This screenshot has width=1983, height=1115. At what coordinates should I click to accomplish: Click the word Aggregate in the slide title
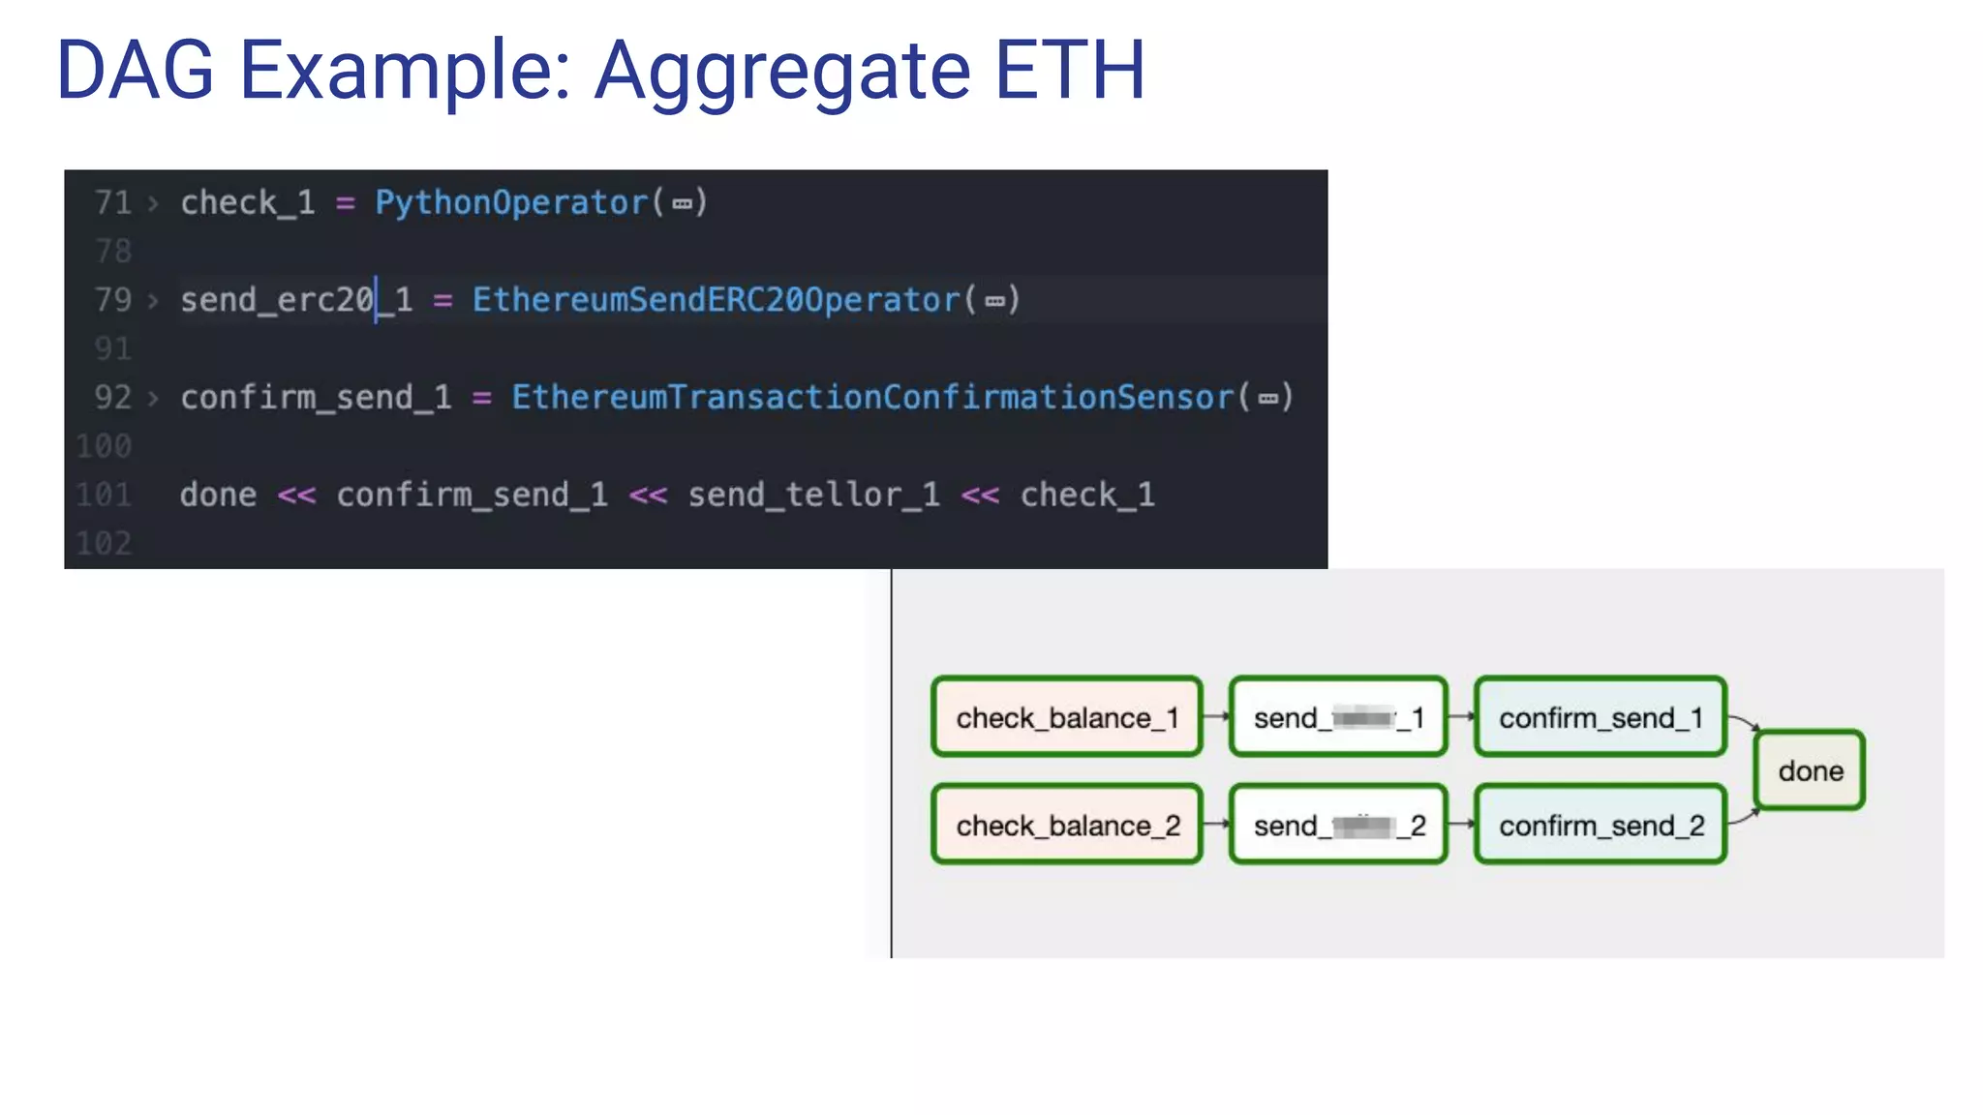pyautogui.click(x=781, y=71)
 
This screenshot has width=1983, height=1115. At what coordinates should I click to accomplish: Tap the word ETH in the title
pyautogui.click(x=1070, y=71)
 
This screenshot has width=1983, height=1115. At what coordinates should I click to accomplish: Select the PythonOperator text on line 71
pyautogui.click(x=510, y=202)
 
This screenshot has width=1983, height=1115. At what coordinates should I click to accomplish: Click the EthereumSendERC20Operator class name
pyautogui.click(x=716, y=300)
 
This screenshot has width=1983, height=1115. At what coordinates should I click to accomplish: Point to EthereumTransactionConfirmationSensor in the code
pyautogui.click(x=872, y=398)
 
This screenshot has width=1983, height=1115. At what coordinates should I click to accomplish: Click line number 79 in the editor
pyautogui.click(x=112, y=300)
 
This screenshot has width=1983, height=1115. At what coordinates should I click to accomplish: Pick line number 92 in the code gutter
pyautogui.click(x=112, y=398)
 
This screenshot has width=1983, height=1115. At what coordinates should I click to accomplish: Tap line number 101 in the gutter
pyautogui.click(x=104, y=496)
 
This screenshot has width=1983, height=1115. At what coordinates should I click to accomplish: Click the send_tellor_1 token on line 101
pyautogui.click(x=813, y=496)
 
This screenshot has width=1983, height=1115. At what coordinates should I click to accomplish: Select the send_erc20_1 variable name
pyautogui.click(x=296, y=300)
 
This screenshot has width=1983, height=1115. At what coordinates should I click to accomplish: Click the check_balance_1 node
pyautogui.click(x=1067, y=717)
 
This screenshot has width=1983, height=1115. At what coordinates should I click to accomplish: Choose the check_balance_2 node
pyautogui.click(x=1067, y=825)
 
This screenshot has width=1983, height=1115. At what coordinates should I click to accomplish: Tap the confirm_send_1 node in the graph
pyautogui.click(x=1601, y=717)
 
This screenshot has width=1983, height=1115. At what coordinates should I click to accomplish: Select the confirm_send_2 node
pyautogui.click(x=1601, y=825)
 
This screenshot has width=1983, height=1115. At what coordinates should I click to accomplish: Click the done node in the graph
pyautogui.click(x=1811, y=770)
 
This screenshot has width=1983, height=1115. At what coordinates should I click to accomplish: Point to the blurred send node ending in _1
pyautogui.click(x=1338, y=717)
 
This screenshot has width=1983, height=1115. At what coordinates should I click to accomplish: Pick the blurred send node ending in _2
pyautogui.click(x=1338, y=825)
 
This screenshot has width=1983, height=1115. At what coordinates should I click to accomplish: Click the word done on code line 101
pyautogui.click(x=218, y=496)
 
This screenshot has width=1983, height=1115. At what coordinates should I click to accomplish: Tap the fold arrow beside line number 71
pyautogui.click(x=153, y=203)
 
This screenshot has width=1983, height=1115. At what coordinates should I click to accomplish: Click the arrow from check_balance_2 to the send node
pyautogui.click(x=1216, y=825)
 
